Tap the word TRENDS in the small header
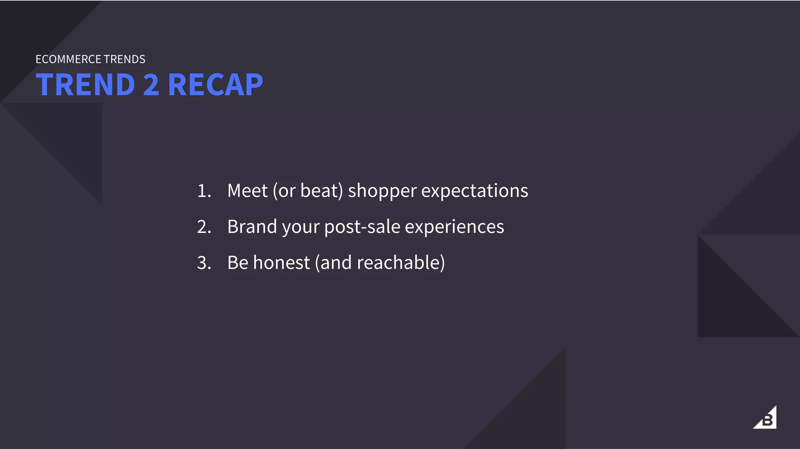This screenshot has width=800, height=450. click(x=125, y=59)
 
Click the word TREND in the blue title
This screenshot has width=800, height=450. click(x=86, y=85)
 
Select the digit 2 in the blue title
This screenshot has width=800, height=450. click(x=151, y=85)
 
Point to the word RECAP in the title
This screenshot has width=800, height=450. click(x=215, y=85)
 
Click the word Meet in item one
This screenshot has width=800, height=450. click(x=247, y=191)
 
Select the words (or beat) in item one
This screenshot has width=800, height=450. click(x=308, y=191)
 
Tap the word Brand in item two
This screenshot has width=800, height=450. click(x=252, y=227)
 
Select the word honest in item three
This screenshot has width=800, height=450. click(x=281, y=263)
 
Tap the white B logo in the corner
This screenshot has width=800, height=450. click(x=766, y=419)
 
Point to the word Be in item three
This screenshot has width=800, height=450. click(x=237, y=263)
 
